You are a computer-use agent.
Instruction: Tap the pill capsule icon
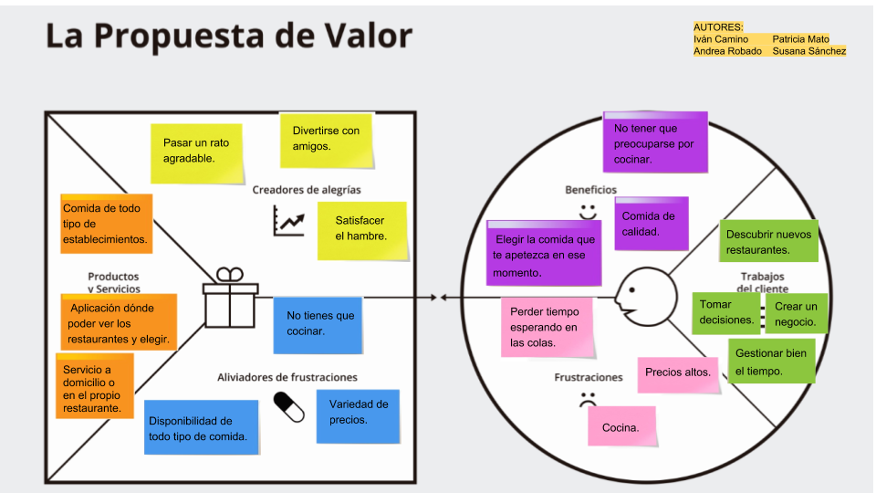289,407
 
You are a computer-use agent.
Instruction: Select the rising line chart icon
288,221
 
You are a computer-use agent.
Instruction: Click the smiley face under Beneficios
588,212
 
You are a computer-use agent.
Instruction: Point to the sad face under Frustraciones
587,400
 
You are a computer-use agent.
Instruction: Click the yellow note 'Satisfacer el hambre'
361,229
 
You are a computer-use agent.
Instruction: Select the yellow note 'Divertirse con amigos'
327,139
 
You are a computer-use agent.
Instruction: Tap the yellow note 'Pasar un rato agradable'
196,152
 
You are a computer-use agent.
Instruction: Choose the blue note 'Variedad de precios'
359,413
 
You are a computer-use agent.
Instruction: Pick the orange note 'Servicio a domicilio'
94,385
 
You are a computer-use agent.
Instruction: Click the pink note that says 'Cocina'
621,426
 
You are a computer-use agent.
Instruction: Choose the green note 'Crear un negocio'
797,314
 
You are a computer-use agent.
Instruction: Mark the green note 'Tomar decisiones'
726,312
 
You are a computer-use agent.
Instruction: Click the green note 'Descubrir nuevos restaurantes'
768,241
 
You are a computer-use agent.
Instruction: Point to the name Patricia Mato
800,39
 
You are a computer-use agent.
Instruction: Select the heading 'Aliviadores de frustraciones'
287,377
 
